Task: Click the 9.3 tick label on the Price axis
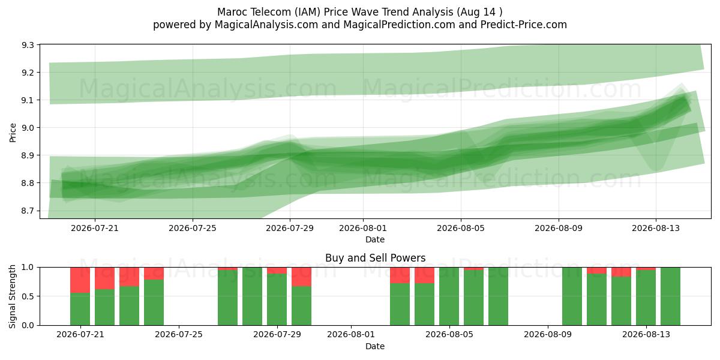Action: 28,45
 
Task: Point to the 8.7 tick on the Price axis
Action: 28,211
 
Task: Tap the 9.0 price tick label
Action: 28,128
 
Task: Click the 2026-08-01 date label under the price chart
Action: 363,228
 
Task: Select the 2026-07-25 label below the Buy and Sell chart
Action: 179,335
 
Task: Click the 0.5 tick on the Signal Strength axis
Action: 28,296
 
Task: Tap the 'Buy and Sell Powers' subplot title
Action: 375,258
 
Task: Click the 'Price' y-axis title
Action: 13,133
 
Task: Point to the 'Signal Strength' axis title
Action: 12,296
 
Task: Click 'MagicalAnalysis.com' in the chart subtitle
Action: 266,25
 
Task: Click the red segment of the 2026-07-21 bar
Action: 80,280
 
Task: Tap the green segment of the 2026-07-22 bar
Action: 104,307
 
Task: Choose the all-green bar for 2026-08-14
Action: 671,296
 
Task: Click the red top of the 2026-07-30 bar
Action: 301,277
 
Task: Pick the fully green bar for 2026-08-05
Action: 449,296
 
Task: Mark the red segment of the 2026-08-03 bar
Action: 400,275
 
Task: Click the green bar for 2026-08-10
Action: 572,296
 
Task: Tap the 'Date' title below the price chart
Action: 375,239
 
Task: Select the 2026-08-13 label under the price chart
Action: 656,228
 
